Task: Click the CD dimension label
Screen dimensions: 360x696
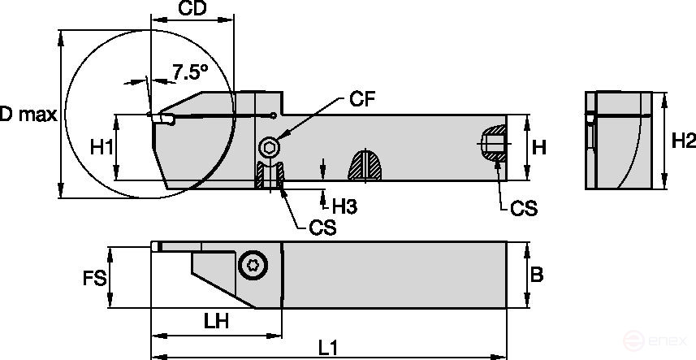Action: click(192, 10)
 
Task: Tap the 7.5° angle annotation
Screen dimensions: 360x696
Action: click(190, 72)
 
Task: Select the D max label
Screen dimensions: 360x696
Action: click(27, 115)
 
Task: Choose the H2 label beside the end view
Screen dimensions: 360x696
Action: click(683, 141)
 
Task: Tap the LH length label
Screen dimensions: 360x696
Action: click(216, 321)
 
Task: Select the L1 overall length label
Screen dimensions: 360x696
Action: click(328, 347)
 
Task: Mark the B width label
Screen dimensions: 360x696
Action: click(536, 275)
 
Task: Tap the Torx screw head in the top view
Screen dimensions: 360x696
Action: click(252, 265)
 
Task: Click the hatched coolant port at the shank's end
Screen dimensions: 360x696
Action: click(491, 144)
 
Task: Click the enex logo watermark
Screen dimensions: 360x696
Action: click(668, 343)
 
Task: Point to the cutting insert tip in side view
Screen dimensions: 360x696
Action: click(156, 119)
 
